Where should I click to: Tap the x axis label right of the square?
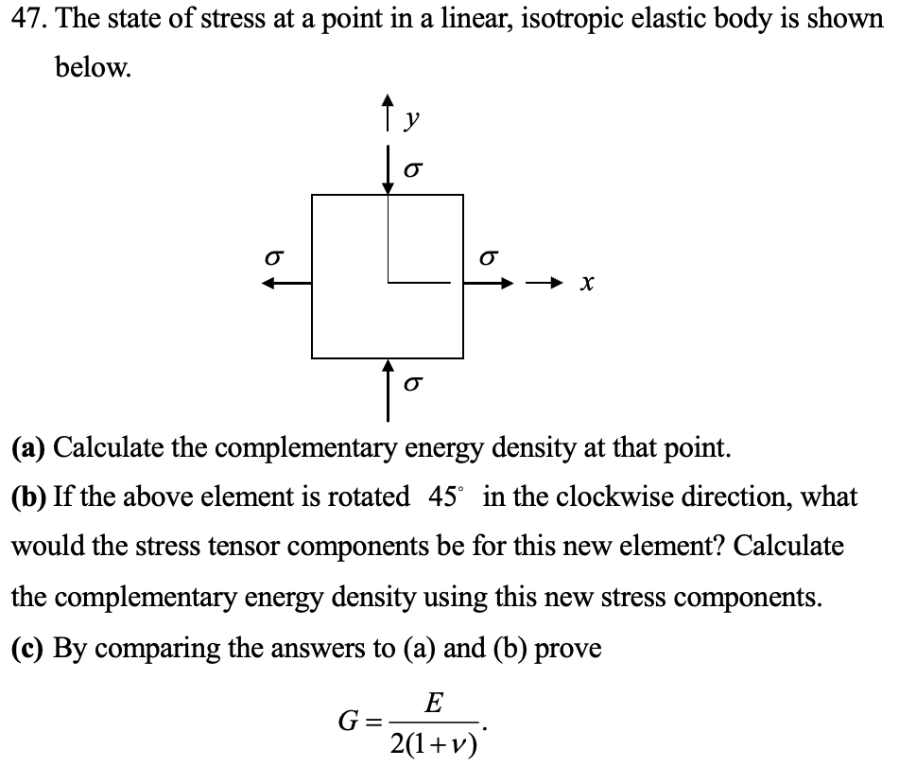[x=588, y=283]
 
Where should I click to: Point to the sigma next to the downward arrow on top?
[x=412, y=167]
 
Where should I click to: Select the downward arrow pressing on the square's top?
[x=388, y=170]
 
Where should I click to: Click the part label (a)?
[x=29, y=446]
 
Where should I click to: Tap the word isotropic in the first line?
[x=525, y=21]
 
